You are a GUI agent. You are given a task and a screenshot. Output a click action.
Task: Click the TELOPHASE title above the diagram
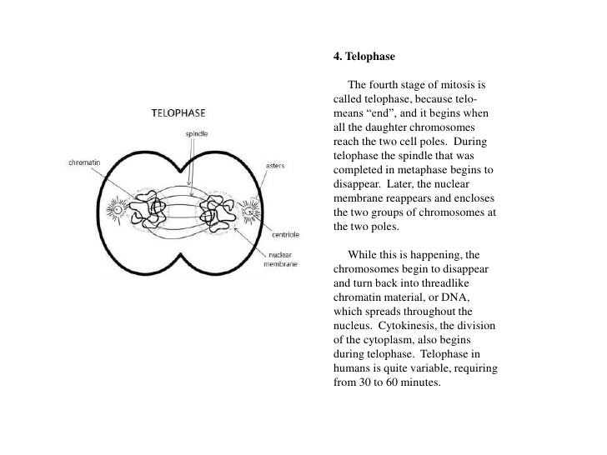179,112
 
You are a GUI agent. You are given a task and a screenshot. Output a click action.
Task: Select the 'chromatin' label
84,162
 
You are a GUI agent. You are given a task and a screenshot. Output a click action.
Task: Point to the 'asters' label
275,166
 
